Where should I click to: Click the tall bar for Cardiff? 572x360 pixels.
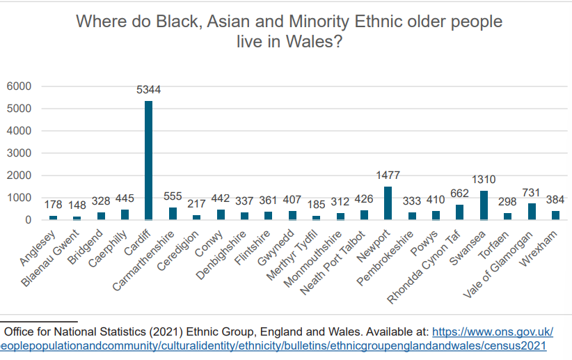click(148, 160)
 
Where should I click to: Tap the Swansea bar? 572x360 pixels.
click(484, 205)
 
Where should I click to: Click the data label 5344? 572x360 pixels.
click(148, 90)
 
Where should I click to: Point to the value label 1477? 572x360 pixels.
click(388, 175)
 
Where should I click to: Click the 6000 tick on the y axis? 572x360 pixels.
click(19, 86)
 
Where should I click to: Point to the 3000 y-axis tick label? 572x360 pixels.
click(19, 153)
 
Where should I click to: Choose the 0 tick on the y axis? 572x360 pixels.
click(29, 220)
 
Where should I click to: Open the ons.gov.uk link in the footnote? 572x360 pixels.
click(493, 331)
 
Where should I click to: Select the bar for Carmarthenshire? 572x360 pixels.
click(173, 214)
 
